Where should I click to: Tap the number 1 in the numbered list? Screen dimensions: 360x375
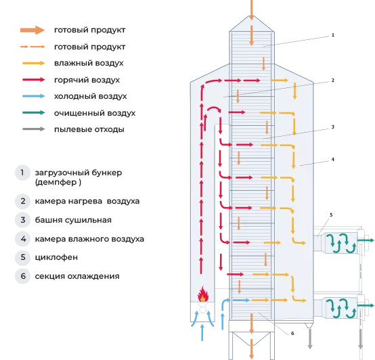click(22, 173)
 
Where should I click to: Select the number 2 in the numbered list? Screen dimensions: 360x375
click(22, 201)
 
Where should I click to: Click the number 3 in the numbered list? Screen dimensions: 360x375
click(22, 220)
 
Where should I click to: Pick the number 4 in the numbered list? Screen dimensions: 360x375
click(22, 238)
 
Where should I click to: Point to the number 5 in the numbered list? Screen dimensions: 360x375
click(22, 257)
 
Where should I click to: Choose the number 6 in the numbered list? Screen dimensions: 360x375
click(22, 275)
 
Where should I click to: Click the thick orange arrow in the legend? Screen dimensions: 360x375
click(32, 30)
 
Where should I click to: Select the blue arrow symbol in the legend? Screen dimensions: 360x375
click(32, 97)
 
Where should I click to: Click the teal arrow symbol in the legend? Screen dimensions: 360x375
click(32, 113)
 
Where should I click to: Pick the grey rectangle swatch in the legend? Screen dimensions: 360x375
click(32, 129)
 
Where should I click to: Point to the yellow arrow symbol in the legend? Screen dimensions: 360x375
click(32, 64)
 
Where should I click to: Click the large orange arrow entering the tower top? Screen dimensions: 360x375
click(251, 9)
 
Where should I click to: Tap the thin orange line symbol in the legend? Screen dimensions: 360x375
click(32, 47)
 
